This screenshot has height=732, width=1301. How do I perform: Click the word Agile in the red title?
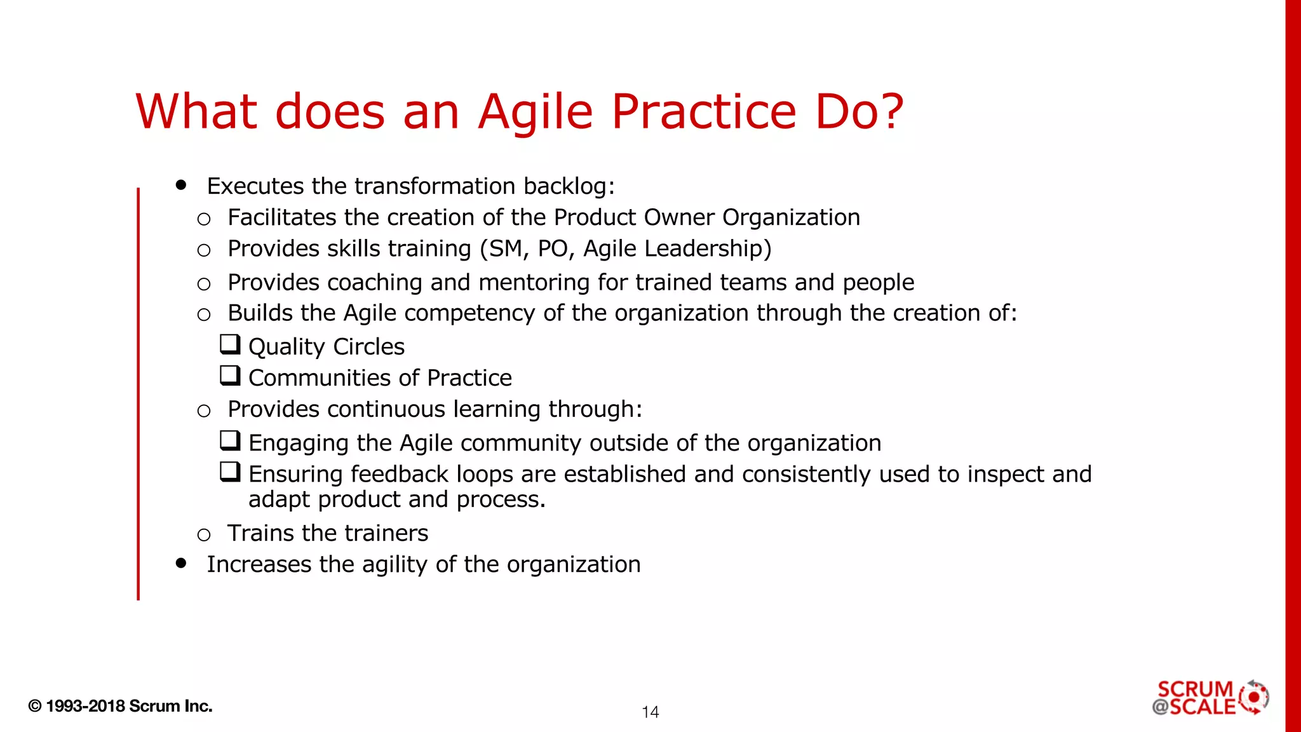pos(536,112)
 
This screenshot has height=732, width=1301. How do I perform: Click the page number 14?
pos(650,712)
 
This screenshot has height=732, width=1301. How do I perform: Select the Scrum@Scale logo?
pos(1210,698)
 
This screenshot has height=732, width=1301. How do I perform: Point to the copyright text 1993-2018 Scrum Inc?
pos(120,706)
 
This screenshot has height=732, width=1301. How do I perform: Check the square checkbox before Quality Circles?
pos(230,344)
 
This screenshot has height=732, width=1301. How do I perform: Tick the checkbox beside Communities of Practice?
pos(230,376)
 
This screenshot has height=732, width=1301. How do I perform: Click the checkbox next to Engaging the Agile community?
pos(230,440)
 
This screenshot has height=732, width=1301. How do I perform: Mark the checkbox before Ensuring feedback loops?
pos(230,471)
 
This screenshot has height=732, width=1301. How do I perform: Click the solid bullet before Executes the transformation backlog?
pos(182,185)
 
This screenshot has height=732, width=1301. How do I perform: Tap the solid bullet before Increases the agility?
pos(182,563)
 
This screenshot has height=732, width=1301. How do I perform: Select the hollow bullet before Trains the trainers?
pos(203,535)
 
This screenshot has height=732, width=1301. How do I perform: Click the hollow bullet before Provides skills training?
pos(203,250)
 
